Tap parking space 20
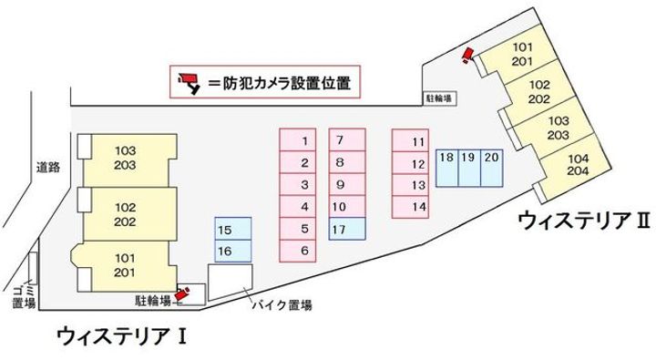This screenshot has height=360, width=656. click(492, 158)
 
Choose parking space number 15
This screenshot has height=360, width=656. click(226, 230)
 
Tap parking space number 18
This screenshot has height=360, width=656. click(446, 158)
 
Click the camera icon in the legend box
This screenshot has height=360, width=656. click(190, 82)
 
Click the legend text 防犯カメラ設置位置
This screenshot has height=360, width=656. click(284, 83)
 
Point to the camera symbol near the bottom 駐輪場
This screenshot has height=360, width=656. click(184, 293)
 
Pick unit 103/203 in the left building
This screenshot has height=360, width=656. click(126, 157)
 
